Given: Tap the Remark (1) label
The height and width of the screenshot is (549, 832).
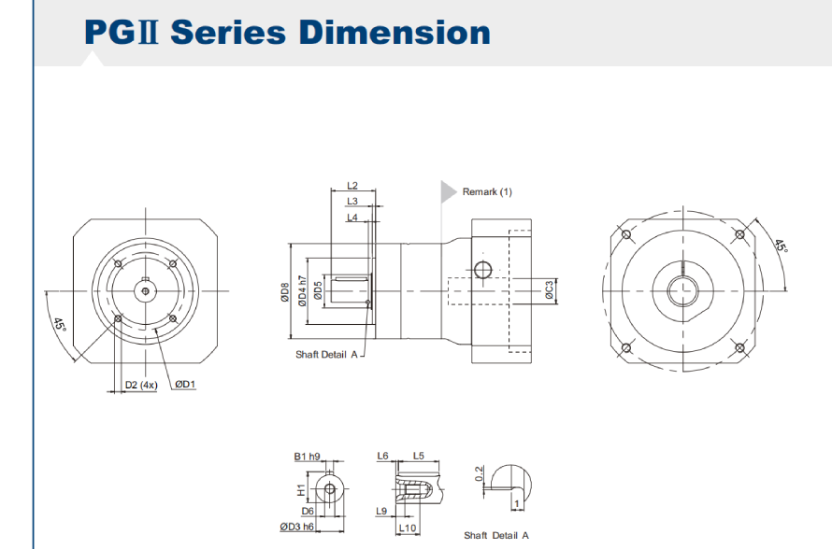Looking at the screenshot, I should point(487,191).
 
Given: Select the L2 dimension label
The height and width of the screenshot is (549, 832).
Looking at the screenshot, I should point(352,187).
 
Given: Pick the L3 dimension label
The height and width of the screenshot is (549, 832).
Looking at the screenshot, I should point(352,202).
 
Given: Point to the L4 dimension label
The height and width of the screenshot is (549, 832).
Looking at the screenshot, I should point(352,218).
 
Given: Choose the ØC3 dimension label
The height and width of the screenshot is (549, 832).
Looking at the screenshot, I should point(549,292).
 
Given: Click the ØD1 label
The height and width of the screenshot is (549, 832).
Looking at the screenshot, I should point(184,385).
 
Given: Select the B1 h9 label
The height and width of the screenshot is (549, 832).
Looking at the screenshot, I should point(307,457).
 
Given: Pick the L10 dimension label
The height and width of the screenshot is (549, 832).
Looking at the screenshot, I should point(408,528).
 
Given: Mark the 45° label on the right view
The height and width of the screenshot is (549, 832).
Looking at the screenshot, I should point(780,246).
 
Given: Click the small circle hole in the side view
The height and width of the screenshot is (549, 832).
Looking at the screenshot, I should point(482,271).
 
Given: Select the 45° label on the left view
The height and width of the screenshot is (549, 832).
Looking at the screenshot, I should point(59,326).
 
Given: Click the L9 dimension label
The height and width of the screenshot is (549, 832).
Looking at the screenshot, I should point(381,511).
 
